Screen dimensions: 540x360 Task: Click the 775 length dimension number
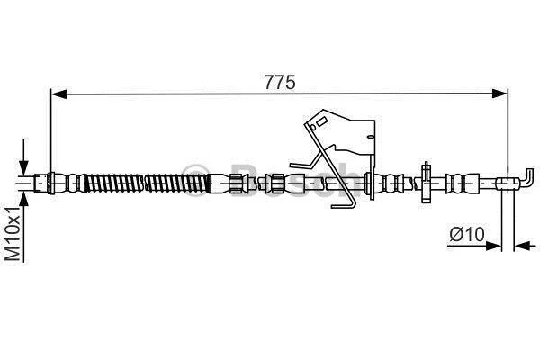(280, 82)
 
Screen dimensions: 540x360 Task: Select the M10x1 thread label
(13, 234)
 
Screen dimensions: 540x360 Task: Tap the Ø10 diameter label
(467, 235)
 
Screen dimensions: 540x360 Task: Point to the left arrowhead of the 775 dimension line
(58, 94)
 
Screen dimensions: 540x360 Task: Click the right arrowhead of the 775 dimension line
(500, 94)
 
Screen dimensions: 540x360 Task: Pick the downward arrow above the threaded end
(23, 157)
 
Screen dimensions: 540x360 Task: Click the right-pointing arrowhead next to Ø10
(493, 246)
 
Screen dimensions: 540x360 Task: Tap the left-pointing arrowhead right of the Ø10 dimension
(521, 246)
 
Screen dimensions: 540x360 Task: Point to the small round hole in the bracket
(312, 128)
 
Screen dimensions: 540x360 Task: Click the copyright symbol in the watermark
(195, 180)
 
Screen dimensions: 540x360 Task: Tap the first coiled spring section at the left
(113, 183)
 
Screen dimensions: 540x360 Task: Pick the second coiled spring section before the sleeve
(177, 184)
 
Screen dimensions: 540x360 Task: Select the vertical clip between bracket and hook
(427, 182)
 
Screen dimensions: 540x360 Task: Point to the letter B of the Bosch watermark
(245, 181)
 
